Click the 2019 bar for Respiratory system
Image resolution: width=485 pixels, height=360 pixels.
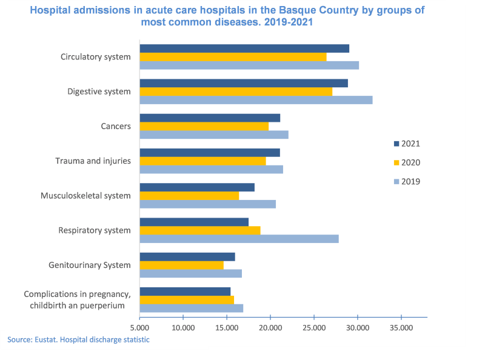tap(239, 239)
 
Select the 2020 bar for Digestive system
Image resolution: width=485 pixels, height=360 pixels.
tap(236, 92)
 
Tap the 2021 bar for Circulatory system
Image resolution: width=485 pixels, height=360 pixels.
tap(244, 48)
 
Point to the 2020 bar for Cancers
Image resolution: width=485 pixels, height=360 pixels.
tap(204, 126)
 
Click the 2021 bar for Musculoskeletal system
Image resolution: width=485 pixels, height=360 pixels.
tap(197, 187)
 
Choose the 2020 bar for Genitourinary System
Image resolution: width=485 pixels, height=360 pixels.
tap(181, 265)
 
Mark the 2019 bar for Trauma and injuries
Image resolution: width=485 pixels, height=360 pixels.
tap(211, 170)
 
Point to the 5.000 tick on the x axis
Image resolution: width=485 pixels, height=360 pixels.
tap(139, 327)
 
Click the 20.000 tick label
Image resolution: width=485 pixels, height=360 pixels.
tap(270, 327)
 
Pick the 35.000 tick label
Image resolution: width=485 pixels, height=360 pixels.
tap(401, 327)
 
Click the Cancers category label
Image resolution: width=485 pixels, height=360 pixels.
tap(116, 126)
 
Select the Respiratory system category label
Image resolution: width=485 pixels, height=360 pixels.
tap(95, 230)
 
